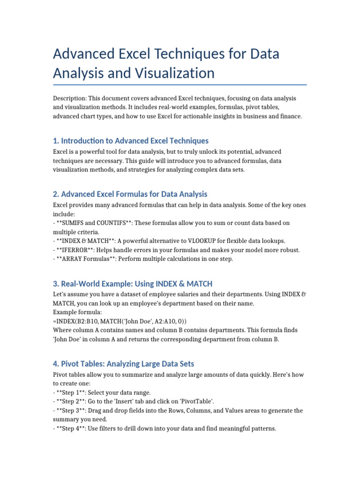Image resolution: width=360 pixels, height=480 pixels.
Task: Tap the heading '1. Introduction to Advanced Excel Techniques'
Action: pos(131,141)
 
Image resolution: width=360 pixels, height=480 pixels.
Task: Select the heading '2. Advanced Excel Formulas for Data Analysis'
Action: pos(130,194)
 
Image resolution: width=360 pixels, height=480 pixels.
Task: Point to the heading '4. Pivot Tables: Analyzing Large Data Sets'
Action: pos(123,364)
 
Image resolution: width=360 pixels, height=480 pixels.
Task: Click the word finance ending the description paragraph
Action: pos(291,116)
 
